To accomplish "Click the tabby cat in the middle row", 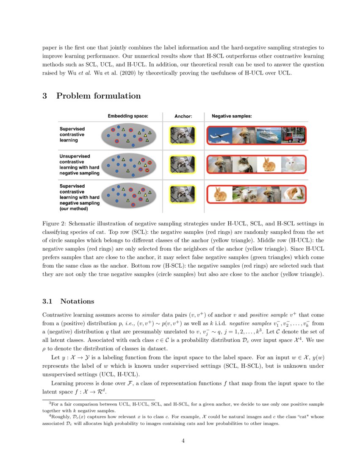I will (243, 164).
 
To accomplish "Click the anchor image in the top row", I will (182, 135).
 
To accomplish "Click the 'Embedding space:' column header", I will (128, 116).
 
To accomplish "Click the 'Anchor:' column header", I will (183, 116).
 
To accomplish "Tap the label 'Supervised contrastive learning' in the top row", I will (72, 134).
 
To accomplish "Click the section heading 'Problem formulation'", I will (98, 96).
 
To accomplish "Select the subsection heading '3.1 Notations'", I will (68, 301).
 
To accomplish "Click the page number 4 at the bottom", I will (183, 441).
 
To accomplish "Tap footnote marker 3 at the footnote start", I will (50, 404).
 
